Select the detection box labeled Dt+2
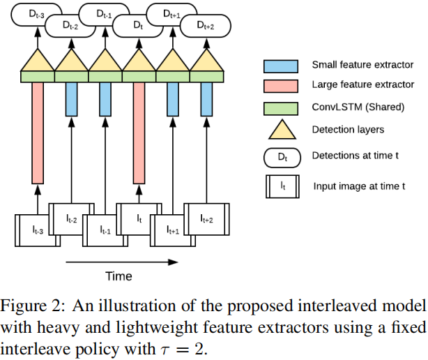point(205,27)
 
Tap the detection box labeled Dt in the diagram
point(137,27)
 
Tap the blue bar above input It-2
point(71,99)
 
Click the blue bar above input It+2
point(206,99)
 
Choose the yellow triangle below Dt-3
point(38,61)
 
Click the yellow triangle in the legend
point(282,130)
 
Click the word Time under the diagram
point(119,276)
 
